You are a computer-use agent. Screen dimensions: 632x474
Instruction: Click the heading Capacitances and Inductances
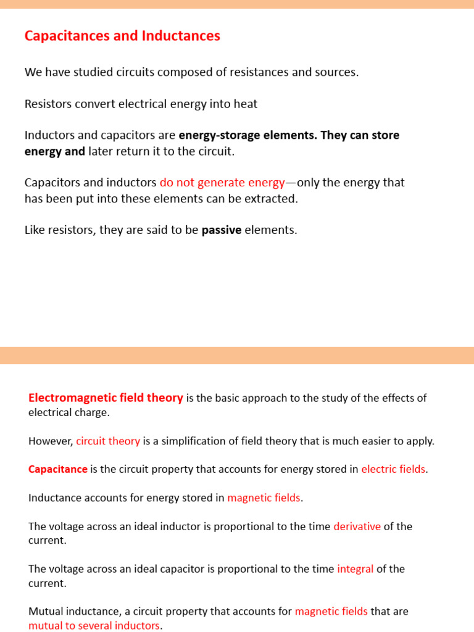point(122,36)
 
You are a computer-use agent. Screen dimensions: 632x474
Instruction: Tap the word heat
point(245,104)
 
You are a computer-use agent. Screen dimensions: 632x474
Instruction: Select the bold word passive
point(222,230)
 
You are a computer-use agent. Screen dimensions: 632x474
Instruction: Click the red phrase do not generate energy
point(222,183)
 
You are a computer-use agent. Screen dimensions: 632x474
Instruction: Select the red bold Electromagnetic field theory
point(106,398)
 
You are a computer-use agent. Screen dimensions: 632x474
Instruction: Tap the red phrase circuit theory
point(108,441)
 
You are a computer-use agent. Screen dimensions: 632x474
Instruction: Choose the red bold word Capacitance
point(58,469)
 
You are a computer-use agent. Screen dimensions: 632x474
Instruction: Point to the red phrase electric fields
point(393,469)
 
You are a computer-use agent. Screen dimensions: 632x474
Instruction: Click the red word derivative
point(357,526)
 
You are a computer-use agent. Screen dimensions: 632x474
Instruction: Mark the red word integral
point(355,569)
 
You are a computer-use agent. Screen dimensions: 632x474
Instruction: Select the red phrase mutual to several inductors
point(94,625)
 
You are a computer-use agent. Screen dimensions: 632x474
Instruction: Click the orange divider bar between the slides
point(237,355)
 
